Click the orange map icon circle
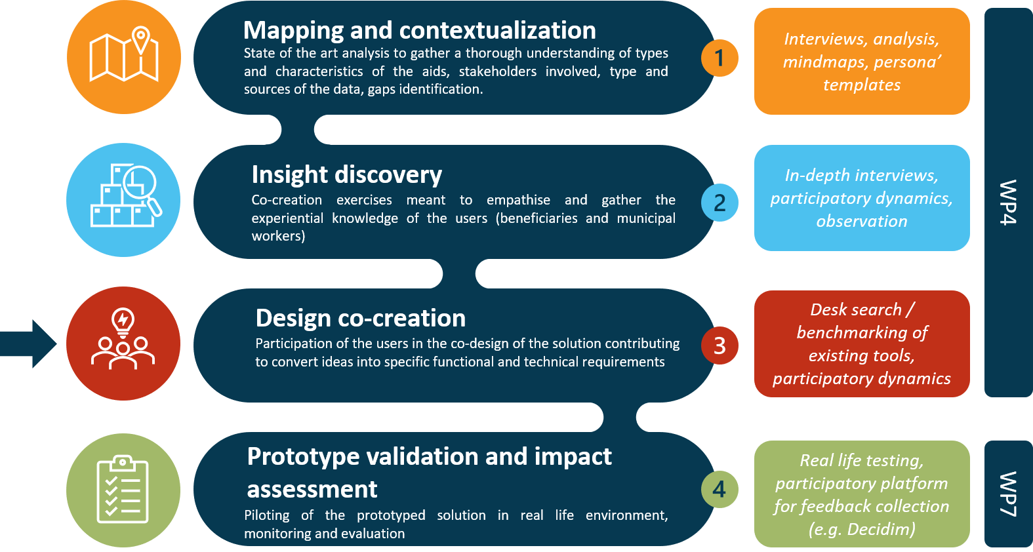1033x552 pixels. [124, 57]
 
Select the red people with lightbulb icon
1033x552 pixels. [123, 343]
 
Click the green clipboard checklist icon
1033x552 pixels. [123, 490]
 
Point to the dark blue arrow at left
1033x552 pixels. [29, 343]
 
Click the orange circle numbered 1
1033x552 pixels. [719, 58]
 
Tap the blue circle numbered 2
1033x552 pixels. [719, 203]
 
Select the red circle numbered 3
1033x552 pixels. [719, 345]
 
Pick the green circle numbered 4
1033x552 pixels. [719, 489]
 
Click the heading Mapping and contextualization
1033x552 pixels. [419, 30]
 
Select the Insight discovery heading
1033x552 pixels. [346, 174]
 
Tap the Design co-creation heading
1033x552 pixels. [360, 318]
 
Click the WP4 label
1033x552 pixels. [1008, 202]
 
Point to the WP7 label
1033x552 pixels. [1008, 494]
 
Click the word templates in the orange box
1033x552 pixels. [861, 85]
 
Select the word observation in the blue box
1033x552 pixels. [861, 222]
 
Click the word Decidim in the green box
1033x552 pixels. [880, 529]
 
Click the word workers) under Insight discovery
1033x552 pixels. [278, 236]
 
